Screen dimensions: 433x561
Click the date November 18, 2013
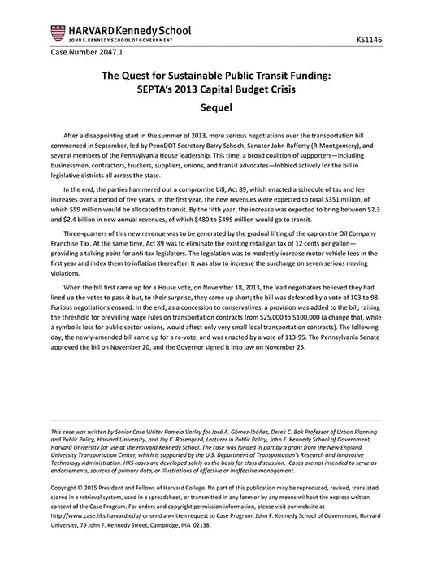click(227, 310)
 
